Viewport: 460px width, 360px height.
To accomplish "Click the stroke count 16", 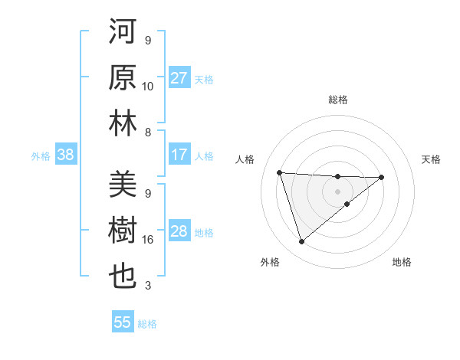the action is coord(148,240).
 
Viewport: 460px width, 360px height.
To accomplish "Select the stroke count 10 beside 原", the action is coord(148,87).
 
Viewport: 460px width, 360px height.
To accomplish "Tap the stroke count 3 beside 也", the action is coord(148,286).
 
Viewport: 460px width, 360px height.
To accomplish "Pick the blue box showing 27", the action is coord(179,78).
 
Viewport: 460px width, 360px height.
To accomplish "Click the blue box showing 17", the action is coord(179,155).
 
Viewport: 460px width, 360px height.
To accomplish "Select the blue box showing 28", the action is coord(179,231).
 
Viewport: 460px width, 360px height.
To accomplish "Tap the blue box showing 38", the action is coord(65,155).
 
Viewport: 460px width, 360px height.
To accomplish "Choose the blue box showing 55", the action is coord(123,322).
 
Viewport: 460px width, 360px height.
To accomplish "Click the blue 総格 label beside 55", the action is coord(147,324).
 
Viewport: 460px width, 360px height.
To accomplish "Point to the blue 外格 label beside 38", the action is coord(41,156).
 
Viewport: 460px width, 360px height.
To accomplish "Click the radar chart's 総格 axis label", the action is coord(337,100).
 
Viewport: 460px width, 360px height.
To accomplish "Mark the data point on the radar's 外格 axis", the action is coord(301,242).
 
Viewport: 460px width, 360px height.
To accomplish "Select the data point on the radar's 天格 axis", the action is coord(382,177).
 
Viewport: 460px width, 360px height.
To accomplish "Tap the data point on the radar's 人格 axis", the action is coord(280,172).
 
